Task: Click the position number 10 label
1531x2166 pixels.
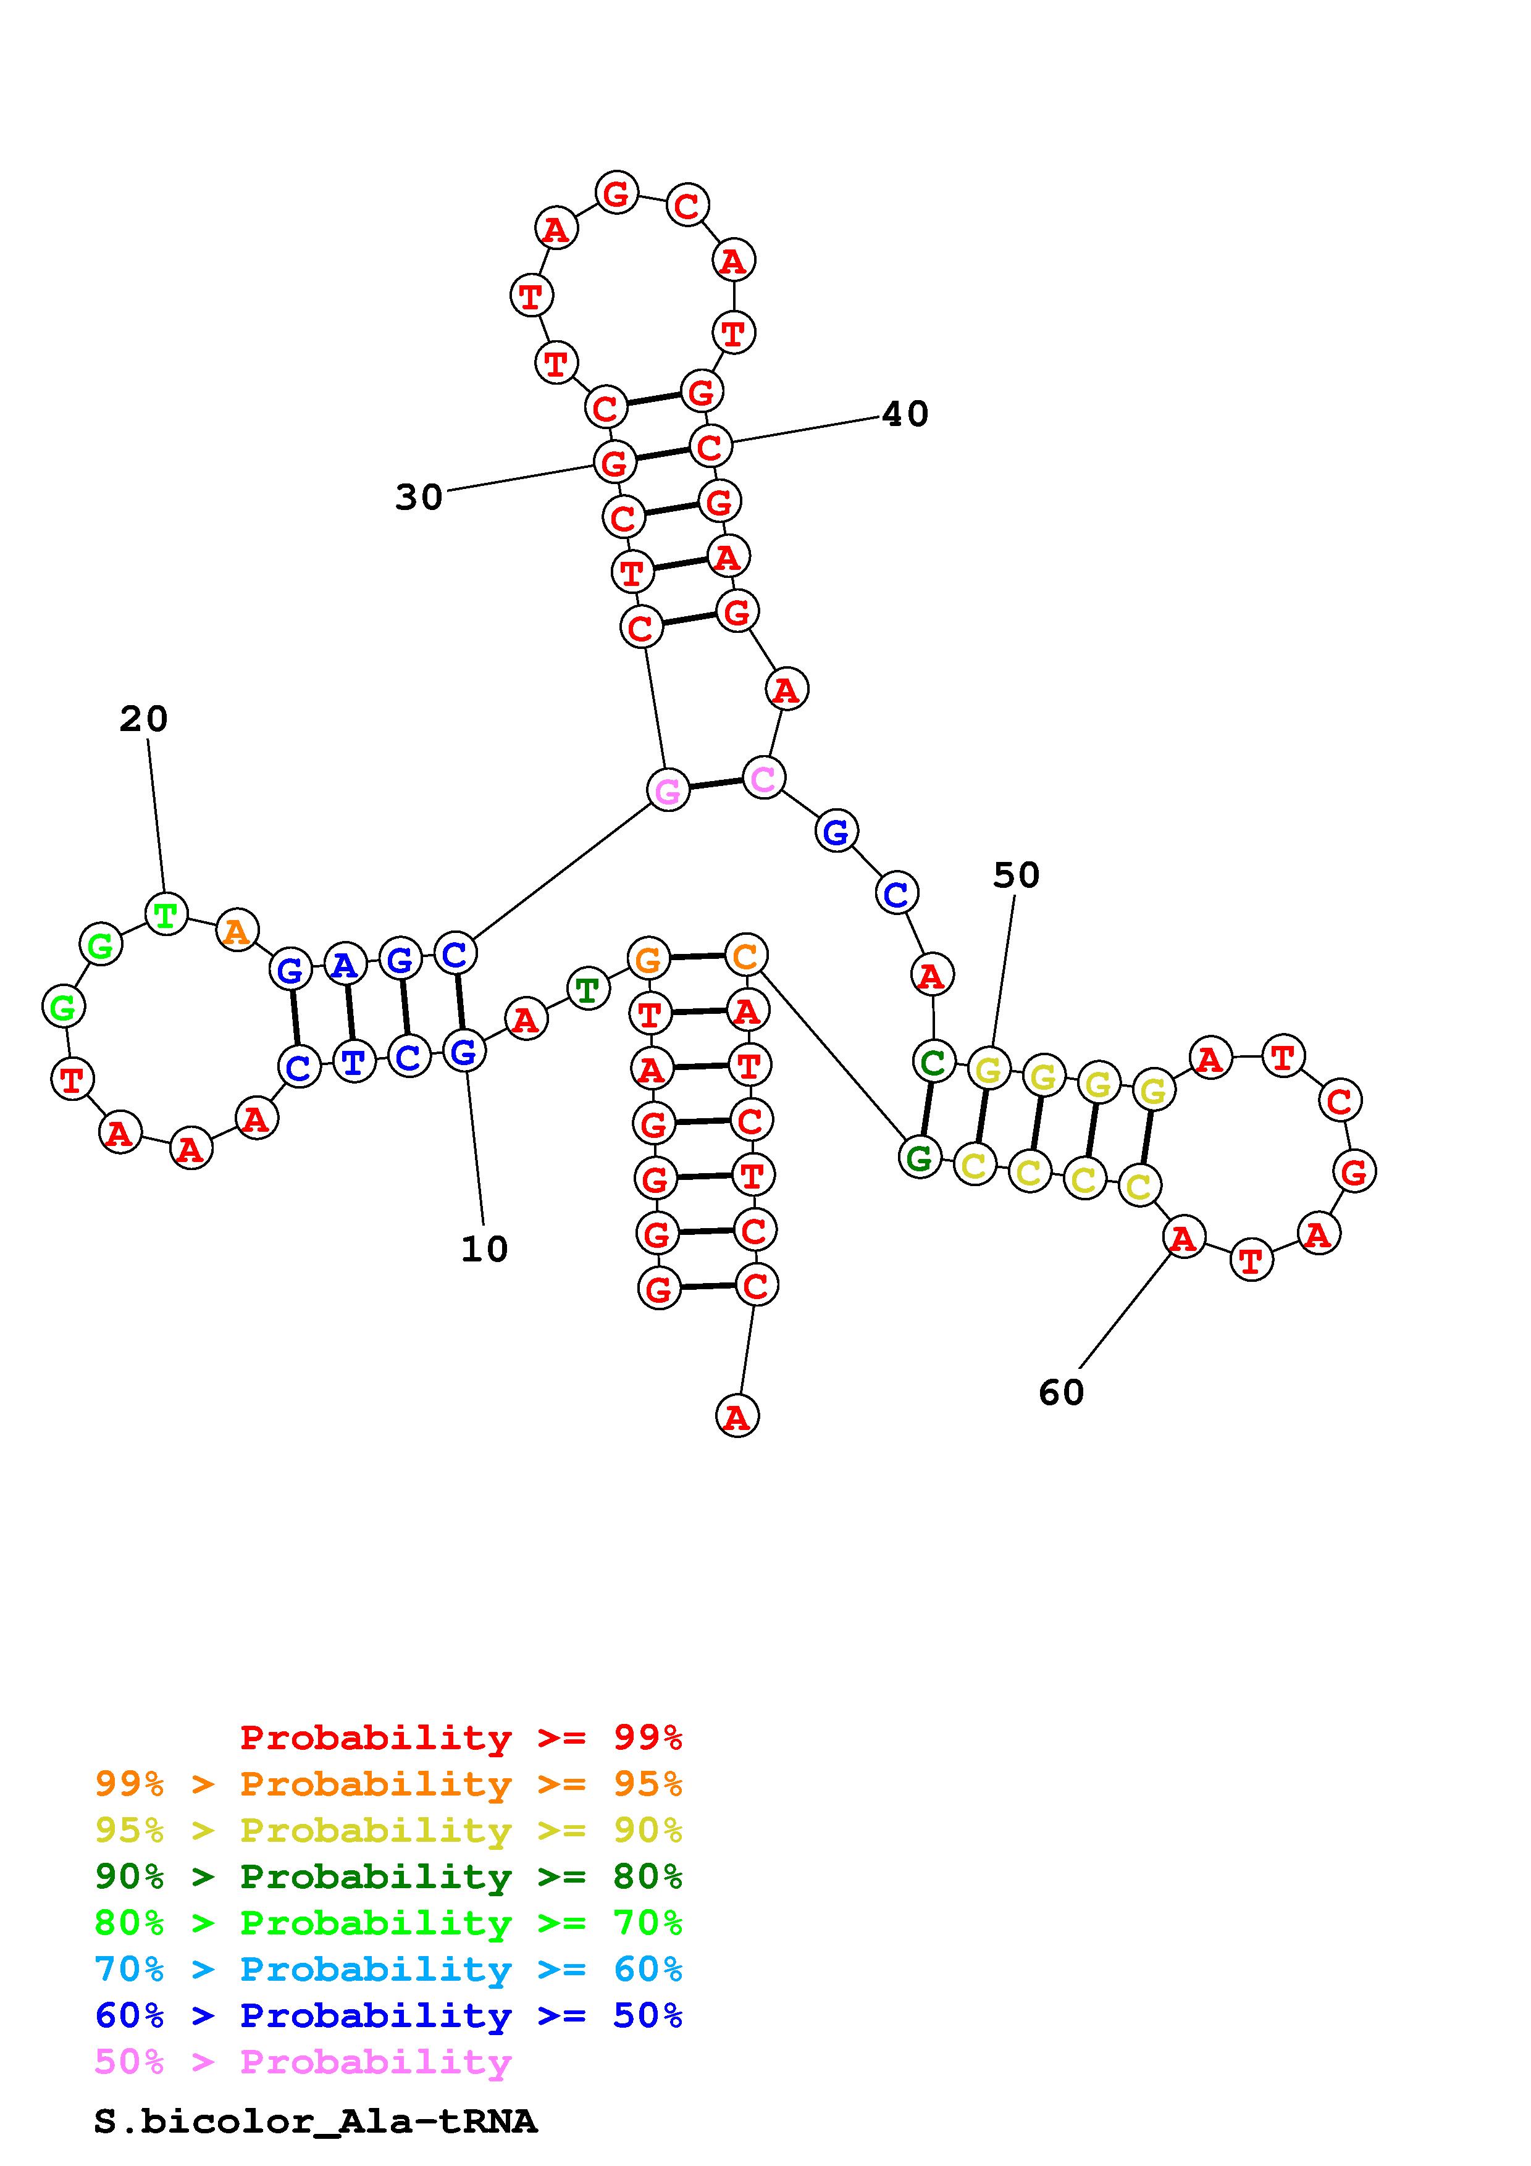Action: point(484,1249)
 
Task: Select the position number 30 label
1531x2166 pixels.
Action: point(418,496)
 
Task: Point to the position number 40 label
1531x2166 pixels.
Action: point(905,413)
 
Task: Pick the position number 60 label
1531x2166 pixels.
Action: point(1061,1392)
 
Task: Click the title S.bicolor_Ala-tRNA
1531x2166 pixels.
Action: point(315,2122)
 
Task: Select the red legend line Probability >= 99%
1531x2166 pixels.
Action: point(461,1737)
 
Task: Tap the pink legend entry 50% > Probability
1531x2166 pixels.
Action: point(303,2061)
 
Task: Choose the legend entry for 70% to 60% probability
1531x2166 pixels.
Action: point(388,1969)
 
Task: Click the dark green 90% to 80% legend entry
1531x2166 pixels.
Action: point(388,1876)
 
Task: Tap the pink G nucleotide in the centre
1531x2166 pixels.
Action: point(668,790)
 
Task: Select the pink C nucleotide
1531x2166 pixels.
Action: point(763,777)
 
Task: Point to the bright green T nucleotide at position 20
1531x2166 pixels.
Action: point(166,914)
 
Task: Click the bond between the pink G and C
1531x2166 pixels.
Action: point(716,784)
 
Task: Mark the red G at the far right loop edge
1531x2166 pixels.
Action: point(1354,1172)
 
